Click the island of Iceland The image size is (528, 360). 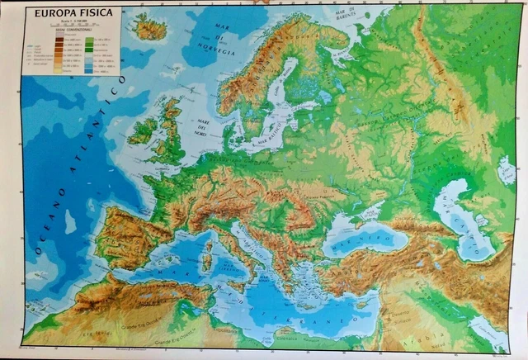(x=149, y=30)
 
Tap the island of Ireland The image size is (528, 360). (x=143, y=130)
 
